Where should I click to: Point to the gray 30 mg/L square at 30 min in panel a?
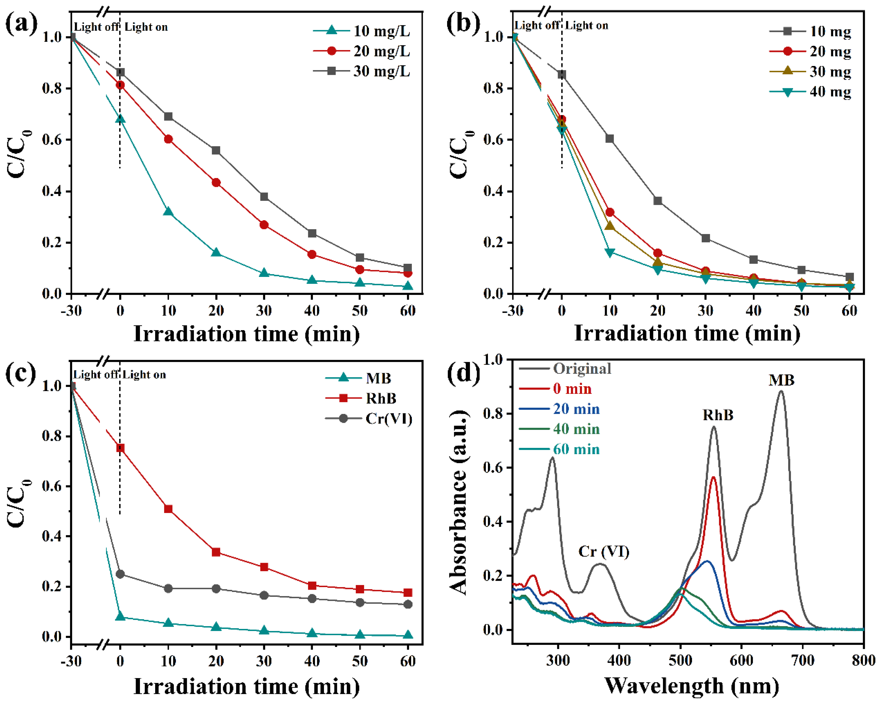pyautogui.click(x=264, y=197)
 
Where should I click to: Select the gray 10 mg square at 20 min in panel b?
pyautogui.click(x=658, y=201)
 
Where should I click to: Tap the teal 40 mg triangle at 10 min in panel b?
pyautogui.click(x=610, y=253)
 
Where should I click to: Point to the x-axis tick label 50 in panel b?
pyautogui.click(x=801, y=311)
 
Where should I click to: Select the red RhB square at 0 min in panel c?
pyautogui.click(x=120, y=448)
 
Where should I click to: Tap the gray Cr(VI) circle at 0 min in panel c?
pyautogui.click(x=120, y=574)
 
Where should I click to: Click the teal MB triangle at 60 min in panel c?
pyautogui.click(x=408, y=635)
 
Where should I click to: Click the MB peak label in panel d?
pyautogui.click(x=781, y=380)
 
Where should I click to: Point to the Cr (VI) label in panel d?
pyautogui.click(x=604, y=552)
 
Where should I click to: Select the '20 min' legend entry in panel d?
pyautogui.click(x=576, y=409)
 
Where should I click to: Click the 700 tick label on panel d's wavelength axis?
pyautogui.click(x=802, y=660)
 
